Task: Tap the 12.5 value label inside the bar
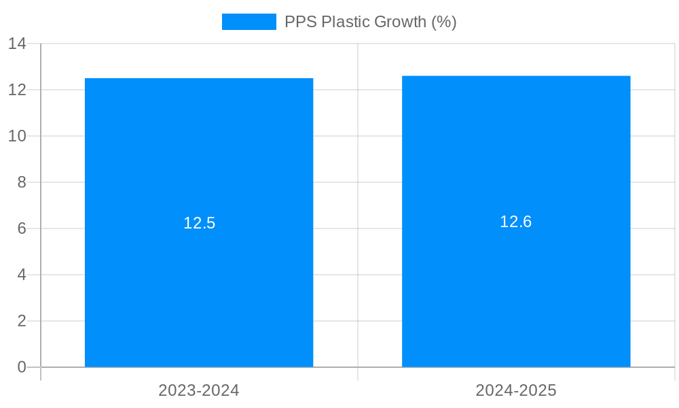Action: (x=199, y=223)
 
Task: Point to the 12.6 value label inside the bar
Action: (x=516, y=222)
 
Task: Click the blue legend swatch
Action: (x=249, y=22)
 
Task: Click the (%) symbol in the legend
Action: (x=444, y=22)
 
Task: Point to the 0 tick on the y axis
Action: (x=22, y=367)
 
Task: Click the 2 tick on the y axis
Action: (x=22, y=321)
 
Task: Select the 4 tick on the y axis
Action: (x=22, y=275)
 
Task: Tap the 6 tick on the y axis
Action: (x=22, y=228)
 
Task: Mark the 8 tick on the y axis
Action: (x=22, y=182)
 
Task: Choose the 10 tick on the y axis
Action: (x=17, y=136)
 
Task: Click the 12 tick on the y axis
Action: (x=17, y=90)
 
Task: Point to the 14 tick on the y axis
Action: (x=17, y=44)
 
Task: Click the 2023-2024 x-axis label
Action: (x=199, y=390)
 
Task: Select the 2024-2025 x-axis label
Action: (x=516, y=390)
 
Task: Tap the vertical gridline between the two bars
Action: (x=358, y=204)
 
